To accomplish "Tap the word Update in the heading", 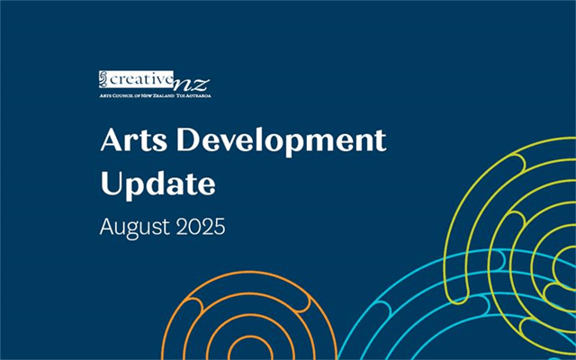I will coord(157,184).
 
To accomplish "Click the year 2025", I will coord(201,224).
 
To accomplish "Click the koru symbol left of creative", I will coord(103,79).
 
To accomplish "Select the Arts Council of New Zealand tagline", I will coord(154,94).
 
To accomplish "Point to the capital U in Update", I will coord(110,184).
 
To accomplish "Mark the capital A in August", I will coord(106,224).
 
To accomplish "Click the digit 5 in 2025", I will coord(218,224).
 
